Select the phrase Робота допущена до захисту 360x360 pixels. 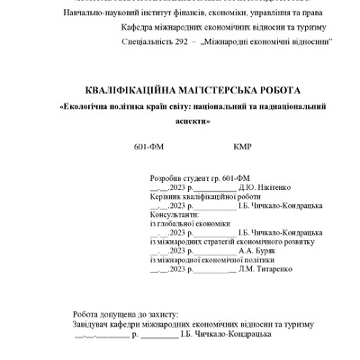(x=127, y=315)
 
